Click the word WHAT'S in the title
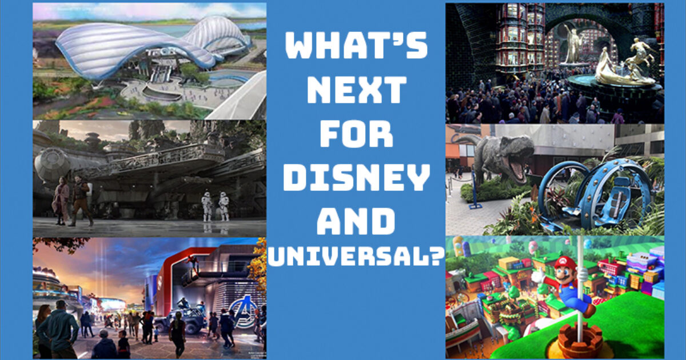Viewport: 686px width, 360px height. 356,45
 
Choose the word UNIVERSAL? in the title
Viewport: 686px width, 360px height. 356,257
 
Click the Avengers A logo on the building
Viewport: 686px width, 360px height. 244,310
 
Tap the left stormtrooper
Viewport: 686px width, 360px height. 207,206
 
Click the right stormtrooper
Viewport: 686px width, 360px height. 224,206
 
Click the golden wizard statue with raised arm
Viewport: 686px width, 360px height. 573,44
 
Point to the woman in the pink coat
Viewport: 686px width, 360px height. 62,201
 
